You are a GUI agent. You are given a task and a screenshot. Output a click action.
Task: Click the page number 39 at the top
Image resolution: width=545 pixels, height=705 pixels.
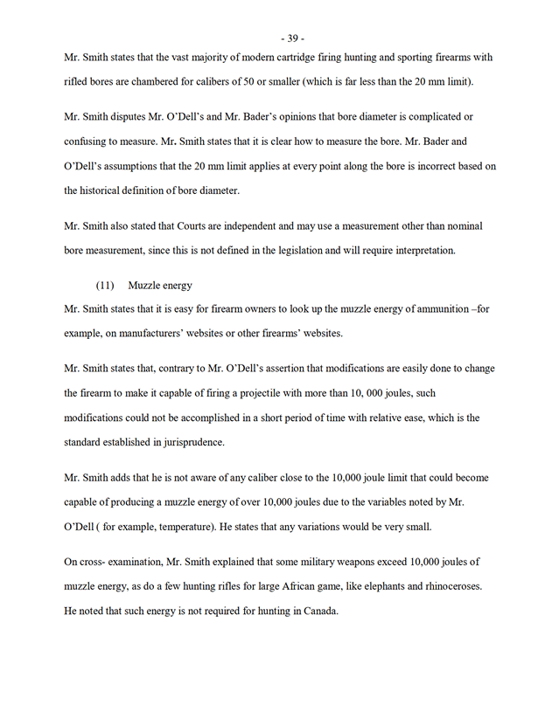pos(292,38)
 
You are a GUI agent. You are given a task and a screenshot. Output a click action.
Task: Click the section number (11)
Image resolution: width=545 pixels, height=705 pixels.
pos(106,285)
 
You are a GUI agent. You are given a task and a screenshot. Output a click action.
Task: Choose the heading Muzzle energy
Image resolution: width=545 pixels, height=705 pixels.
pos(160,285)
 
